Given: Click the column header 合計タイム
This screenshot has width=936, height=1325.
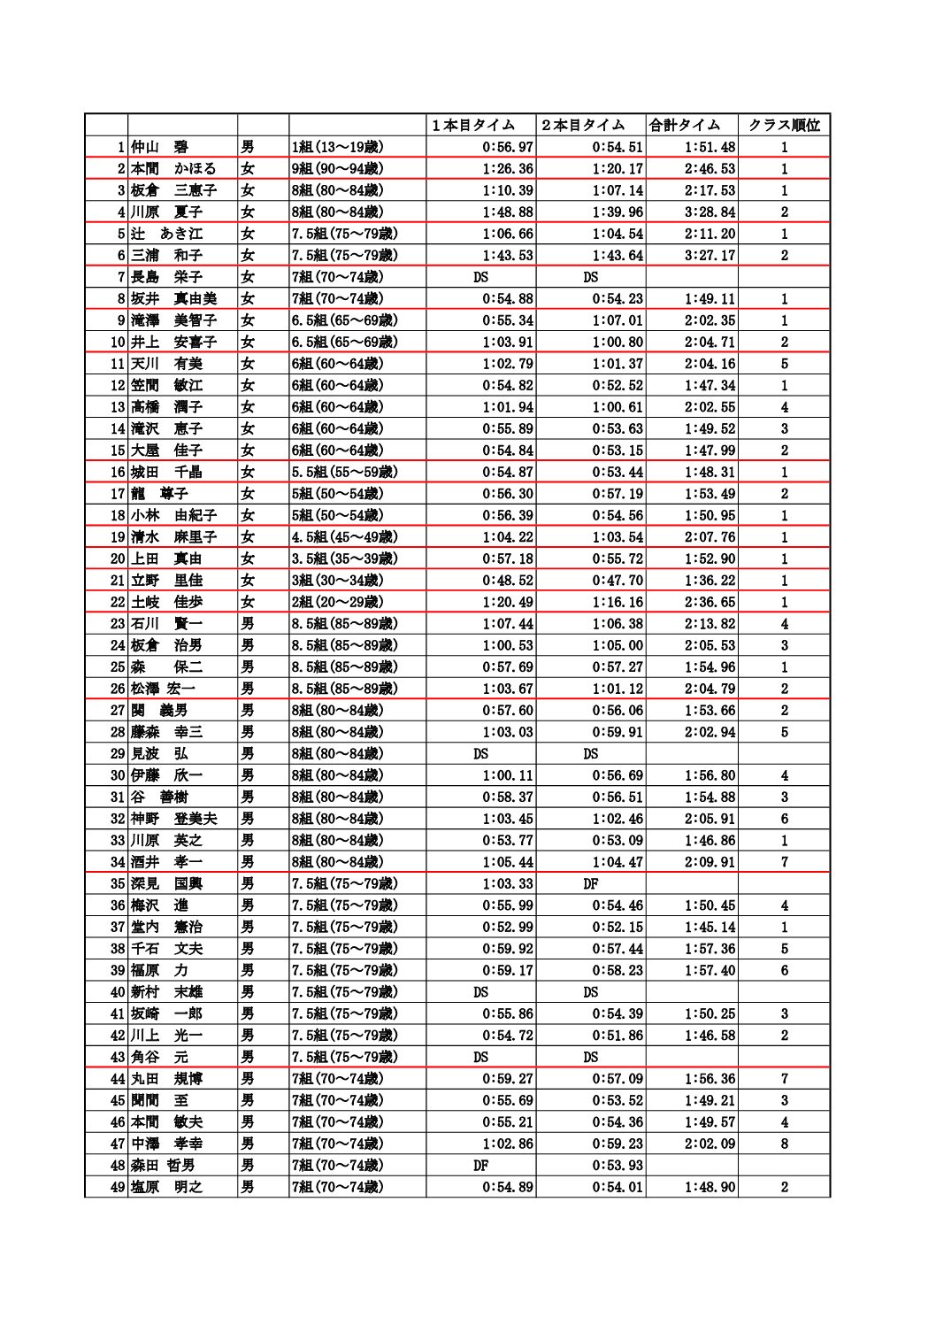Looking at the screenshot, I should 685,126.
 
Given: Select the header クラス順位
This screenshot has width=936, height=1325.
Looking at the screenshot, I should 784,126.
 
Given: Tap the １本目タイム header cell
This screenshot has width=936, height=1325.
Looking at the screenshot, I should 473,126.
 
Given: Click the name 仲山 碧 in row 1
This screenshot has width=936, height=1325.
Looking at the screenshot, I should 160,147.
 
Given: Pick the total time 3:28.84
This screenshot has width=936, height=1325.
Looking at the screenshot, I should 710,212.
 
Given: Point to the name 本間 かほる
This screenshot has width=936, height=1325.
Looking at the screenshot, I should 173,169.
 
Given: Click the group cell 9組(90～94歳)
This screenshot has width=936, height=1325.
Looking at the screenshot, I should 336,169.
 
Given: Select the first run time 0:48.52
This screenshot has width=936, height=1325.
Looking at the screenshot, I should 508,581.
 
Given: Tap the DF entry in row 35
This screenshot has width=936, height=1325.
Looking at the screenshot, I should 591,883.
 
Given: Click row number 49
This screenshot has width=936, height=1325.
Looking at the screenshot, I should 118,1187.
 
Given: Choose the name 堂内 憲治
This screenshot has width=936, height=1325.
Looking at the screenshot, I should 166,927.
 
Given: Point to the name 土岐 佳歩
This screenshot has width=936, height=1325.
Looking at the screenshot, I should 166,602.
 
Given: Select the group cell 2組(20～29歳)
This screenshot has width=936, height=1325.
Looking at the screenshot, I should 336,602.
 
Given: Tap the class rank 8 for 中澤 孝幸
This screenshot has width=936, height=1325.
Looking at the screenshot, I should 784,1144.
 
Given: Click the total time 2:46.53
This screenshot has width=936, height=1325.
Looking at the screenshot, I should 710,169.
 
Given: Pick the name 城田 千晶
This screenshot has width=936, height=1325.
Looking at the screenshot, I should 166,472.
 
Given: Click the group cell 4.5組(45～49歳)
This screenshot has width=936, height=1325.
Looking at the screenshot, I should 343,537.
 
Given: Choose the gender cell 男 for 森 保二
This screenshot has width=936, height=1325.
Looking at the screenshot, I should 248,667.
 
